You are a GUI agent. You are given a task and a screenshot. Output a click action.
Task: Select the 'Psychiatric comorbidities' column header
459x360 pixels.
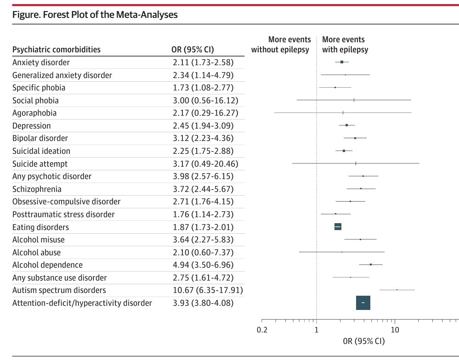coord(57,50)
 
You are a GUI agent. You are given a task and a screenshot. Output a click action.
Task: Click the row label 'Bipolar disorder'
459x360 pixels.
coord(40,138)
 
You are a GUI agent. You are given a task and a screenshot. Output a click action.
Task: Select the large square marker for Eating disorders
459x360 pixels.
coord(338,227)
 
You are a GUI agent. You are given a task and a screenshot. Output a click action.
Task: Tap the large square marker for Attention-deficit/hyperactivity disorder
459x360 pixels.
coord(363,303)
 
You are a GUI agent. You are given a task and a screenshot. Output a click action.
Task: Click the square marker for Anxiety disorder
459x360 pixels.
coord(342,62)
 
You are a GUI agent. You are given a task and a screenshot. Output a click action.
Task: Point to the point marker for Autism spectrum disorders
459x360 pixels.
coord(397,290)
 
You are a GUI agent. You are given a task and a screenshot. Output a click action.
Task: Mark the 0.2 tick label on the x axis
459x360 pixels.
coord(261,330)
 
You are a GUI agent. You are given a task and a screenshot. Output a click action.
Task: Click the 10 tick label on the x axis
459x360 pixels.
coord(395,330)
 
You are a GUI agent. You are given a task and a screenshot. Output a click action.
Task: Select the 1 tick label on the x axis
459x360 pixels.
coord(317,330)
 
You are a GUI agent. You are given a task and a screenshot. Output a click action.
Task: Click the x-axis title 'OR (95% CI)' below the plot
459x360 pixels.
coord(364,341)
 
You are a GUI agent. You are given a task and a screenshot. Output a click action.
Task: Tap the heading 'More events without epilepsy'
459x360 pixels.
coord(281,45)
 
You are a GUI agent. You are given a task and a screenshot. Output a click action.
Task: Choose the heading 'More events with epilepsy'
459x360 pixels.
coord(345,45)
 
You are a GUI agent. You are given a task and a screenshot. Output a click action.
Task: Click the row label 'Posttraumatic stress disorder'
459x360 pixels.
coord(63,214)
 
